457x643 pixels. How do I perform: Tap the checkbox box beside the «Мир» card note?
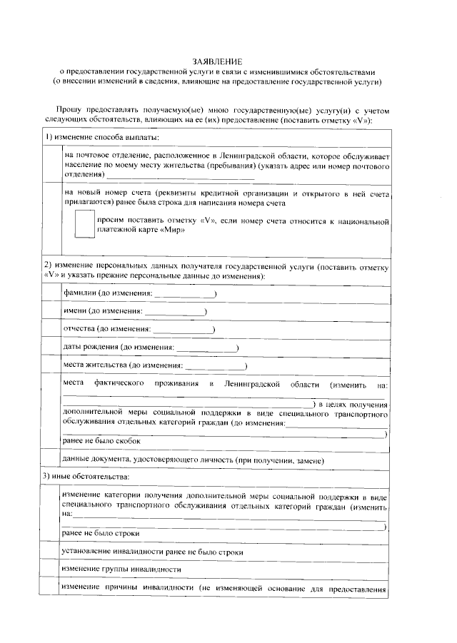click(84, 223)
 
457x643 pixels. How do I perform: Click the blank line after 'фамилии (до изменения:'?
click(184, 294)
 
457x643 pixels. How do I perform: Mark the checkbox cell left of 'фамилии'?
click(51, 293)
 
